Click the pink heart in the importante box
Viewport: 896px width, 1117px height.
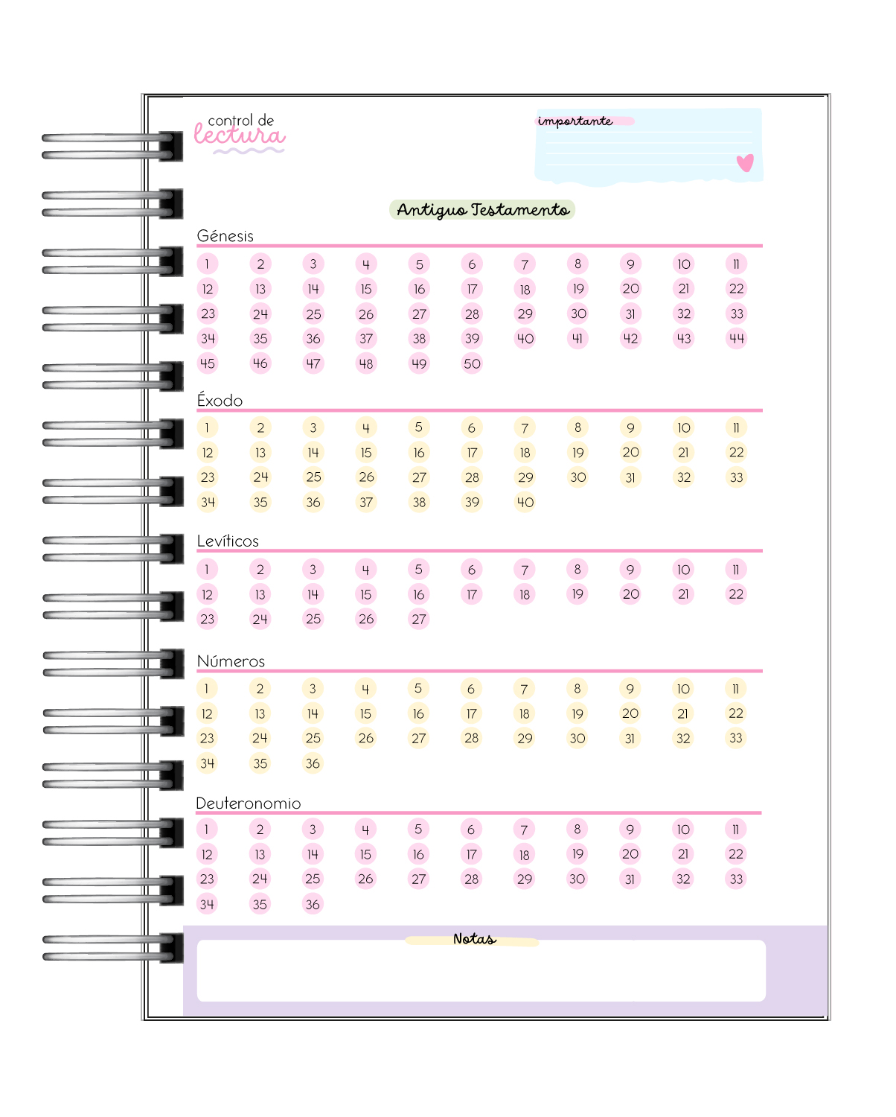click(745, 162)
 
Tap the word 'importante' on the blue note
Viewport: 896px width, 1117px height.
click(575, 121)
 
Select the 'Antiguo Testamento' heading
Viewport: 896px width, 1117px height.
click(483, 210)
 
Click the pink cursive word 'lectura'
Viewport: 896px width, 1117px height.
click(239, 136)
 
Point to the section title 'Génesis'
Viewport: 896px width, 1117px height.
click(225, 236)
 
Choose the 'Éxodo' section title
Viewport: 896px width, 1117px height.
click(220, 401)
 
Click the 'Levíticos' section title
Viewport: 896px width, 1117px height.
click(228, 541)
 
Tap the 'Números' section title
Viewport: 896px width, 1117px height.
click(231, 661)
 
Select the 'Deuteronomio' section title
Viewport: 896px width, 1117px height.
click(249, 803)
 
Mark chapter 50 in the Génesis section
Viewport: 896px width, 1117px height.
click(472, 364)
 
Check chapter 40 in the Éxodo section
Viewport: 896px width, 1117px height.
click(525, 503)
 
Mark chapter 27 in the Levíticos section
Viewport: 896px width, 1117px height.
click(419, 620)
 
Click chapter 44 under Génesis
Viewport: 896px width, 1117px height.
click(737, 339)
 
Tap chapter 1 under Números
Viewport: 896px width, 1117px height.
click(207, 689)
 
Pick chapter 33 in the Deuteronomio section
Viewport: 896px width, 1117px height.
click(736, 879)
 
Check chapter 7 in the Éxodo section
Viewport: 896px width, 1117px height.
click(525, 428)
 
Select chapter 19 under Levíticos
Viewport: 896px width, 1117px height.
click(577, 594)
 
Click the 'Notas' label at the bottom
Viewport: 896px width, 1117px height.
click(474, 940)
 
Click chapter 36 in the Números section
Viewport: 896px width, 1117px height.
click(313, 764)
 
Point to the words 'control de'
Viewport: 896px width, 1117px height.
click(241, 120)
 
